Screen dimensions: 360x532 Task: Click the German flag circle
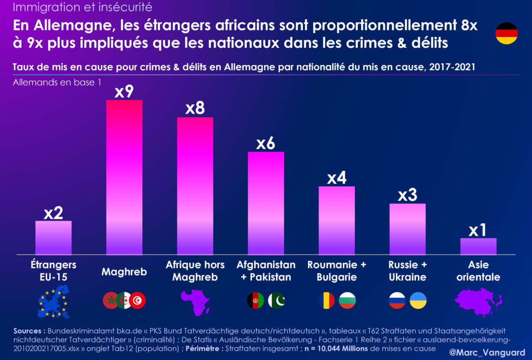[x=507, y=33]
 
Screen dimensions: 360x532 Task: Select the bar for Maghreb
[x=124, y=177]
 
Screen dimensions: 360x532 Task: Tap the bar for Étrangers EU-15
[x=53, y=238]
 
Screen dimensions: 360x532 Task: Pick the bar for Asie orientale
[x=478, y=246]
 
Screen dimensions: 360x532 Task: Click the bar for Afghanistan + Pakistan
[x=266, y=203]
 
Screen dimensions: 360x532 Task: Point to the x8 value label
[x=195, y=109]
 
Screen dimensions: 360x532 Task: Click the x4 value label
[x=337, y=178]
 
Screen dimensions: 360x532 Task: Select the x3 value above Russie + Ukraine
[x=407, y=195]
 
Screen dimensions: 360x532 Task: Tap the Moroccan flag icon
[x=110, y=300]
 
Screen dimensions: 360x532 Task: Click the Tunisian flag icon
[x=137, y=300]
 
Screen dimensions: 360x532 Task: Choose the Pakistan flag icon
[x=276, y=300]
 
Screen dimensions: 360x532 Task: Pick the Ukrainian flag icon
[x=418, y=300]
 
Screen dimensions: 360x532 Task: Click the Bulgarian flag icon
[x=347, y=300]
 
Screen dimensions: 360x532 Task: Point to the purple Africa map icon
[x=195, y=302]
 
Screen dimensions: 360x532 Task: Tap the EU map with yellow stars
[x=54, y=302]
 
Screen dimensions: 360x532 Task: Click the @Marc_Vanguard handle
[x=487, y=352]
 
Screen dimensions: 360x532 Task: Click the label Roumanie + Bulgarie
[x=336, y=271]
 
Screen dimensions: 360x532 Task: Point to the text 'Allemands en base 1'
[x=57, y=83]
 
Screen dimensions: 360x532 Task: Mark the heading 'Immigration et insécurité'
[x=82, y=7]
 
